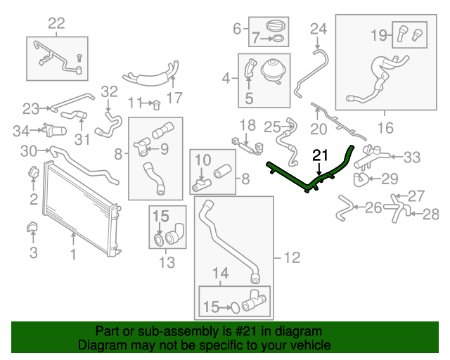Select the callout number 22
pos(56,23)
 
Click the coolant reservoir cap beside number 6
pos(276,26)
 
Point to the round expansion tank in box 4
pos(273,71)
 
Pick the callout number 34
pos(21,131)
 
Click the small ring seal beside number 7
pos(278,38)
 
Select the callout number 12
pos(292,257)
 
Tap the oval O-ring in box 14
pos(235,308)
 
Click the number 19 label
pos(379,35)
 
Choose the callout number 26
pos(373,207)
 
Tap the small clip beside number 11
pos(156,105)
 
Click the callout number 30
pos(29,150)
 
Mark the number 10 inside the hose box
pos(203,160)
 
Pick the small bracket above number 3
pos(32,227)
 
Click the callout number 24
pos(319,29)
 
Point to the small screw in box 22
pos(79,58)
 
